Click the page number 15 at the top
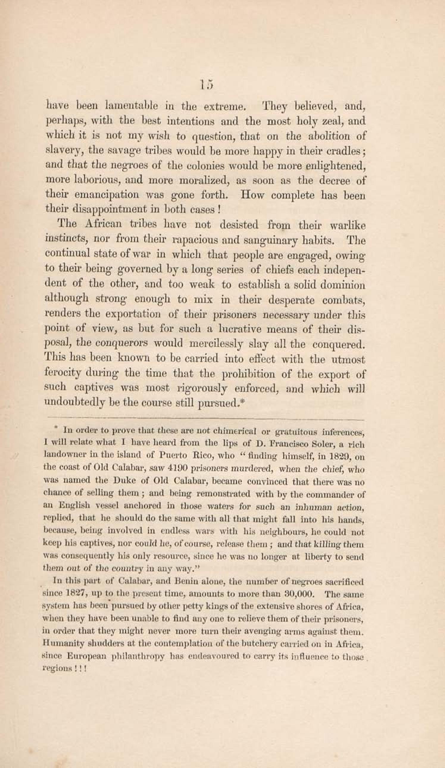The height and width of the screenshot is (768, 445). click(x=206, y=85)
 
